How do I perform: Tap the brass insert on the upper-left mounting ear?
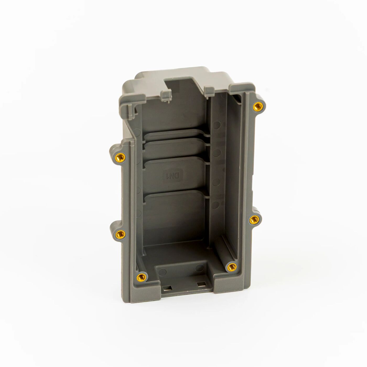tap(120, 158)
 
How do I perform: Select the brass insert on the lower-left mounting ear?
tap(120, 233)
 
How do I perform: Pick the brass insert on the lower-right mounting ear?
tap(253, 220)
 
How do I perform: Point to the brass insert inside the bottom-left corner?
tap(142, 276)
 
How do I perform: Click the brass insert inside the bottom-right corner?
tap(231, 267)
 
